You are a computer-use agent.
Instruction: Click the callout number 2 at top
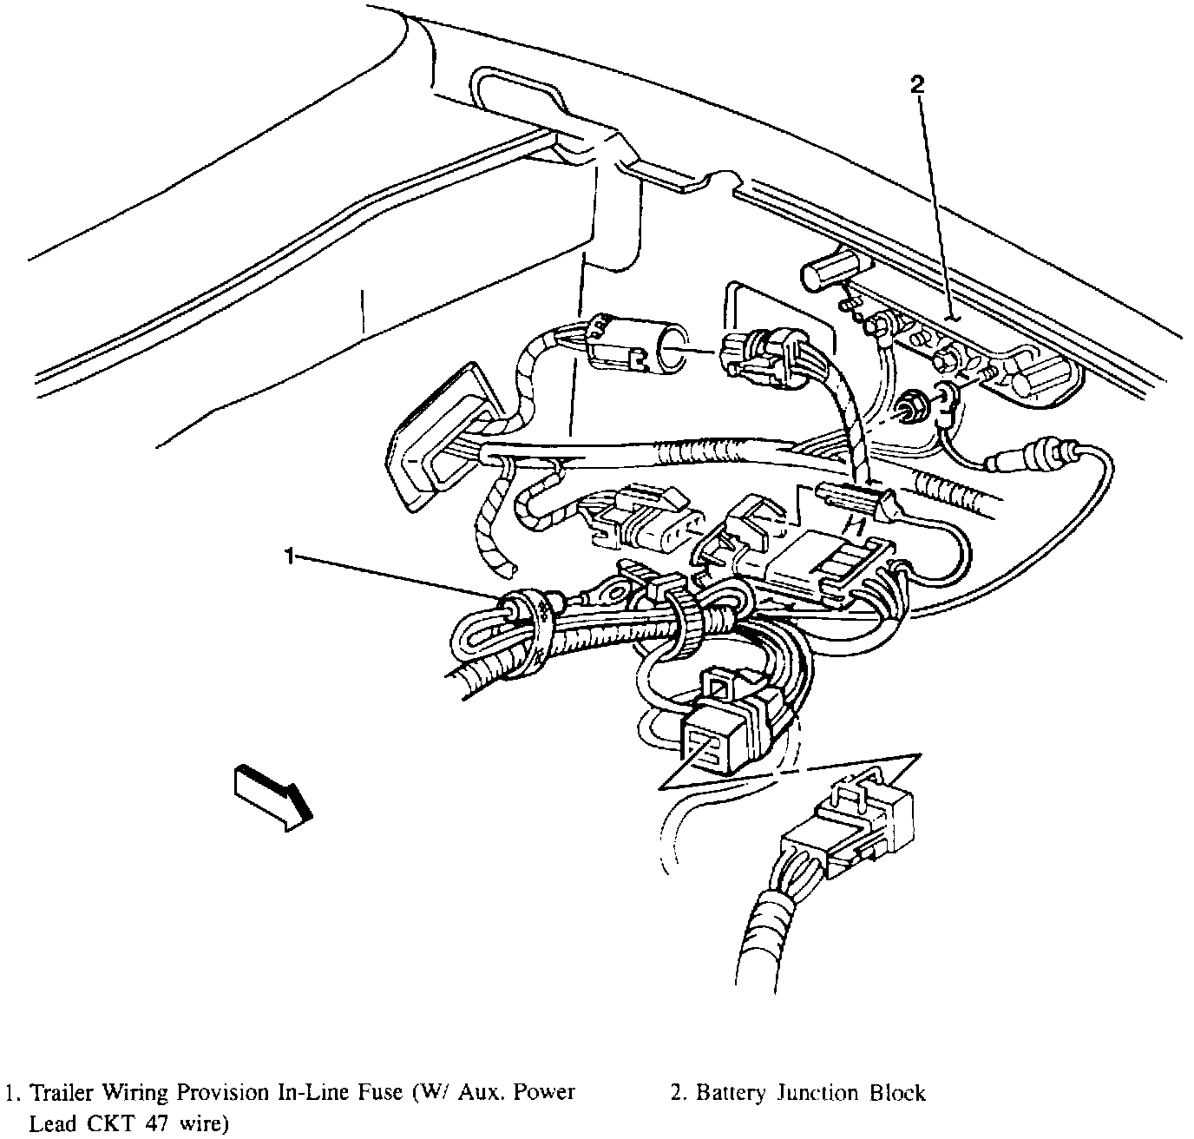917,84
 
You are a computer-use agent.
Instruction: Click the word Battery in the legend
728,1093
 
